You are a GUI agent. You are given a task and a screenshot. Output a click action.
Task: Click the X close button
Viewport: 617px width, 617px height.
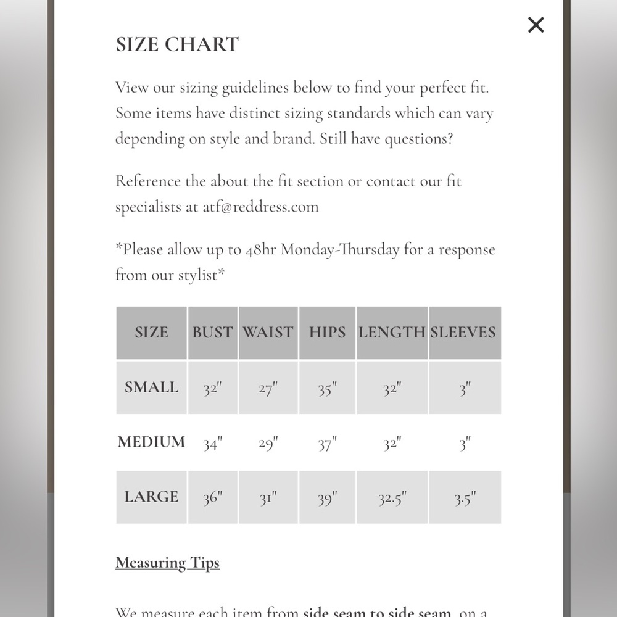point(536,25)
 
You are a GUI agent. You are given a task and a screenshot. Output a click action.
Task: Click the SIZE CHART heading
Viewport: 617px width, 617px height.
point(177,44)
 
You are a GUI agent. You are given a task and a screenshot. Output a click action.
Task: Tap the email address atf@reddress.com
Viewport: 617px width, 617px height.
point(260,207)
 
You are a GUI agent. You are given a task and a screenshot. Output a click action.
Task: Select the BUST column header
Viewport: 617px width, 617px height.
point(212,332)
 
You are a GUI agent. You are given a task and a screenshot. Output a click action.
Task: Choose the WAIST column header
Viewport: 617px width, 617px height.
point(268,332)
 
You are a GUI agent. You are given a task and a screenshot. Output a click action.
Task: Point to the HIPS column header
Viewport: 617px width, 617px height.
point(327,332)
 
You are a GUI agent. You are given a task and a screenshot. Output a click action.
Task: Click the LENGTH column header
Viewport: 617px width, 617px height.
point(392,332)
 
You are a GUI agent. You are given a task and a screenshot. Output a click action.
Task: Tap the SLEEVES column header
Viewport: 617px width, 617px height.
point(463,332)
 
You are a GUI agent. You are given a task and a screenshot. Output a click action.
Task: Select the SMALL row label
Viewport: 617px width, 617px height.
point(151,387)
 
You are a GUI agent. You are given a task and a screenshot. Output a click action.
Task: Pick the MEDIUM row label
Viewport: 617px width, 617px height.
point(151,442)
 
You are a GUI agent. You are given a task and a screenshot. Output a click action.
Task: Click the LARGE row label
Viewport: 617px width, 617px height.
point(151,497)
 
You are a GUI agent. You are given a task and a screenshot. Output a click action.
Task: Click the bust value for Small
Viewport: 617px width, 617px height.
point(212,389)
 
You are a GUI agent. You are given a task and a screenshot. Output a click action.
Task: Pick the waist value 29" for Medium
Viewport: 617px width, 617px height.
point(268,444)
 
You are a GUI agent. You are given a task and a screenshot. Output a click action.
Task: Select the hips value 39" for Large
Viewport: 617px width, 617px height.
point(327,499)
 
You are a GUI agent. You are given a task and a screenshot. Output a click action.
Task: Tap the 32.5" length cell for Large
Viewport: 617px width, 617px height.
point(392,499)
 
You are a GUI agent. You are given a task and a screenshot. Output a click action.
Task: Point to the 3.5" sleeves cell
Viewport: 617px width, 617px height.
point(465,499)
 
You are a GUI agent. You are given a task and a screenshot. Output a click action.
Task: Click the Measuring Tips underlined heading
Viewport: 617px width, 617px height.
point(167,563)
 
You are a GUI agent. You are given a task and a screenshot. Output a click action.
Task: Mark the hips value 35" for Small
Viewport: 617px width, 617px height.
point(327,389)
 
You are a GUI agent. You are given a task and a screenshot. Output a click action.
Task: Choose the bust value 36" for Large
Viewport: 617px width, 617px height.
point(212,499)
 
